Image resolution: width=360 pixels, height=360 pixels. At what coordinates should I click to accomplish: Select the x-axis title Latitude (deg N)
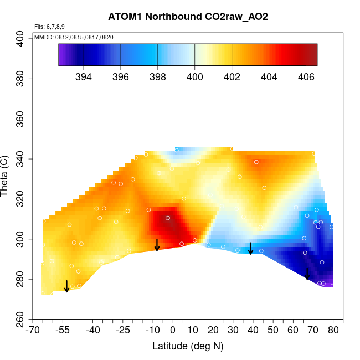(187, 346)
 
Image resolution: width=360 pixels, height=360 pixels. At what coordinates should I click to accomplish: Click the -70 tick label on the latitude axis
(33, 331)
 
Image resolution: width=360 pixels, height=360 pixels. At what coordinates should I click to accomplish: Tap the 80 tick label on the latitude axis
(333, 331)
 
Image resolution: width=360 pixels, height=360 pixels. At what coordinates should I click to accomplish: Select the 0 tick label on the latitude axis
(173, 331)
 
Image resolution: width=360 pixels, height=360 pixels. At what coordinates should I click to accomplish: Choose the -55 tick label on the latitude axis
(63, 331)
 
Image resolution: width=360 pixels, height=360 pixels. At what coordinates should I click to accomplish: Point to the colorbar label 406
(306, 76)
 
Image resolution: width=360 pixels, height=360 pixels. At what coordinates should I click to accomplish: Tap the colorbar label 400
(194, 76)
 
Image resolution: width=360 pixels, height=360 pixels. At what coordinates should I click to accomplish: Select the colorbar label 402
(232, 76)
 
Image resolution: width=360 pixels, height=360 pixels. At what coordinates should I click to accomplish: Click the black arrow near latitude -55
(66, 286)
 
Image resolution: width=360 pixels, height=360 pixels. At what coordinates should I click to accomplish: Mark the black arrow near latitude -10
(157, 245)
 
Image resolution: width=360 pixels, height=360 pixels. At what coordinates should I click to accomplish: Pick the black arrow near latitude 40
(250, 248)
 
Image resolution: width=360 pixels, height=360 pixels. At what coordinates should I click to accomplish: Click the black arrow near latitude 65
(307, 274)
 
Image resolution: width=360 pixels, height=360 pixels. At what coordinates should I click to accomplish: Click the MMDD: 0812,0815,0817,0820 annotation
(74, 37)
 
